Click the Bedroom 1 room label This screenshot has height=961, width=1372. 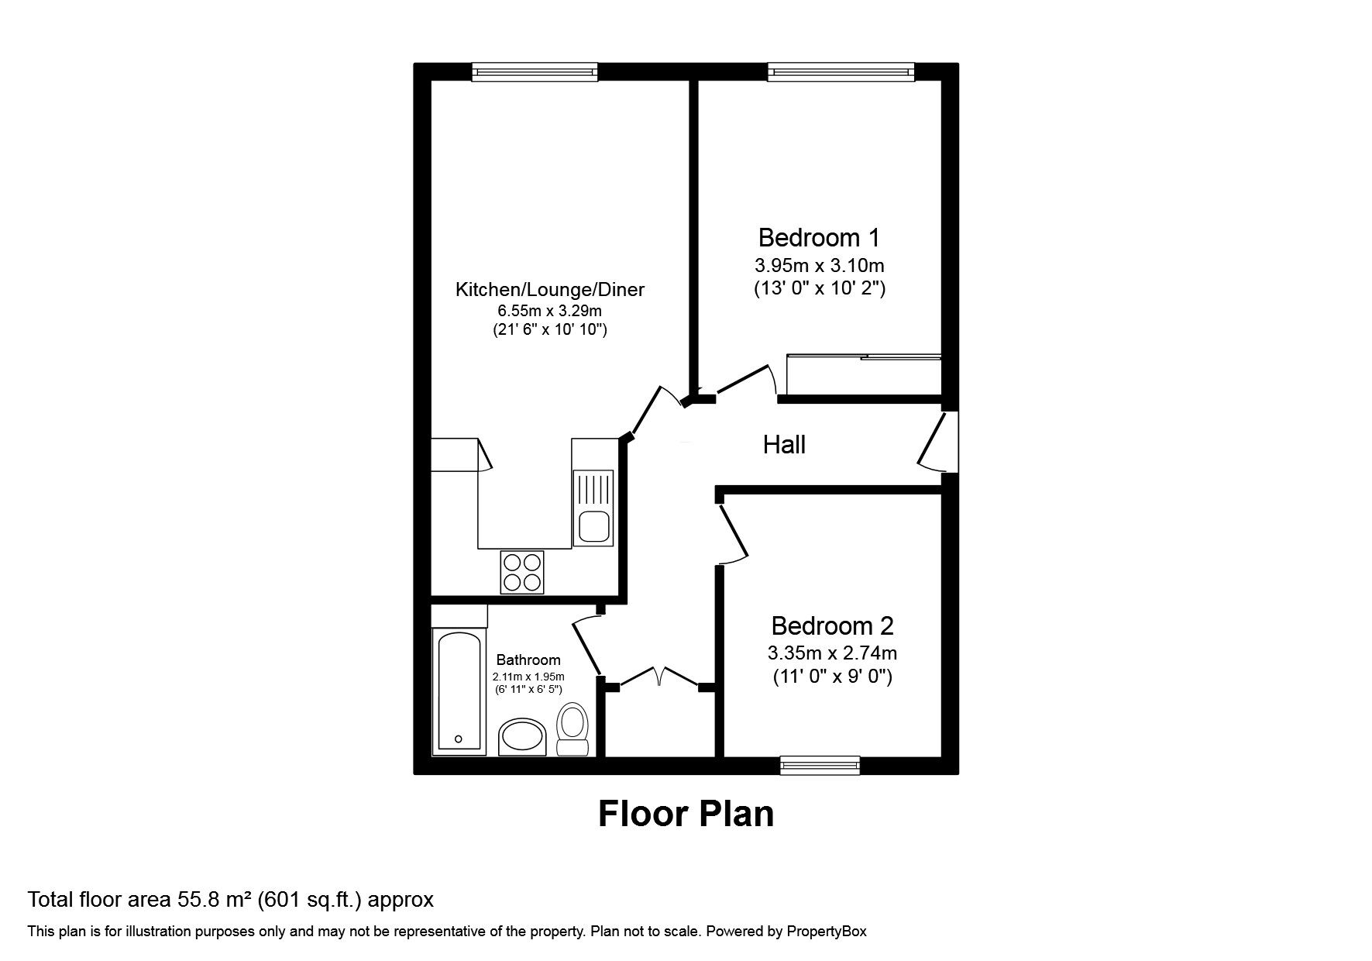[819, 237]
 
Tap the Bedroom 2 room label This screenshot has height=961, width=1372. [832, 625]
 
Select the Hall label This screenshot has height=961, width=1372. [784, 445]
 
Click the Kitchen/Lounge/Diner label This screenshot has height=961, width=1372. [549, 290]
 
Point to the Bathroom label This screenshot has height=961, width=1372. [528, 660]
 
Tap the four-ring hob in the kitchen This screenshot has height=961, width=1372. [522, 572]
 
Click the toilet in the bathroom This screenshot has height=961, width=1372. [573, 729]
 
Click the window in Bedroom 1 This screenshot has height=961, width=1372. [841, 72]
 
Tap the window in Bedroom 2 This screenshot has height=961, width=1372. [820, 766]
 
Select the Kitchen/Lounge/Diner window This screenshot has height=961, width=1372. [535, 72]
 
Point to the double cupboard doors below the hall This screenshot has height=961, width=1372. [659, 677]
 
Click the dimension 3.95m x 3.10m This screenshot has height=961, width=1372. [820, 266]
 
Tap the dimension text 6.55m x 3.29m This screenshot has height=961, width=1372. [549, 311]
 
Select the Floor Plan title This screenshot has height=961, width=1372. [686, 814]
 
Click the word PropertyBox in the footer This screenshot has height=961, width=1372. [827, 932]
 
